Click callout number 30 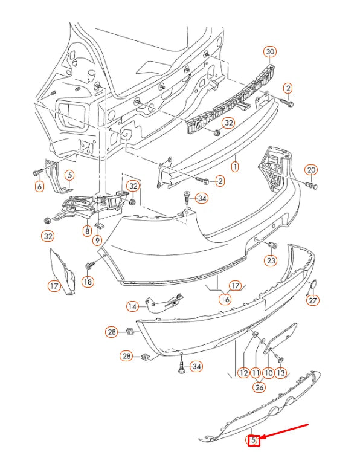[x=270, y=52]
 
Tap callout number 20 [x=310, y=169]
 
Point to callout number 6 [x=40, y=187]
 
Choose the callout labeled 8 [x=88, y=230]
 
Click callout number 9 [x=97, y=241]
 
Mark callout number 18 [x=88, y=281]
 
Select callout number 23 [x=271, y=260]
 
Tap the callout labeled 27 [x=312, y=300]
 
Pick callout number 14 [x=132, y=306]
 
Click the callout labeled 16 [x=225, y=299]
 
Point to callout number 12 [x=243, y=373]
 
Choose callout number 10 [x=268, y=373]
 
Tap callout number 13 [x=280, y=373]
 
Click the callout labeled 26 [x=259, y=387]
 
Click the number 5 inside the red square [x=254, y=441]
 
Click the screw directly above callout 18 [x=91, y=265]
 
